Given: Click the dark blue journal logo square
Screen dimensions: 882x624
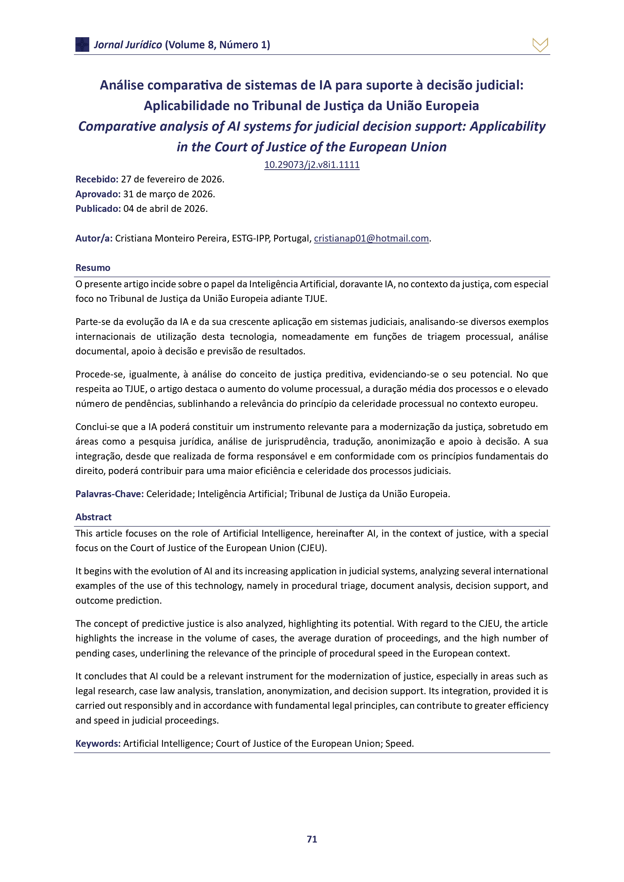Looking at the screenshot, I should pos(82,44).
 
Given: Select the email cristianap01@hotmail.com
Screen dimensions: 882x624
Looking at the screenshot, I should pos(371,238).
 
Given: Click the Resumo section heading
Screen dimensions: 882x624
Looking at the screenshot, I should pos(93,268).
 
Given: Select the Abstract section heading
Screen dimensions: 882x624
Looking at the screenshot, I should pos(93,517).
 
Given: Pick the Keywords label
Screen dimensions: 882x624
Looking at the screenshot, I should pos(98,743).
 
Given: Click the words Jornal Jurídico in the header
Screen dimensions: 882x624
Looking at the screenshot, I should pos(128,45).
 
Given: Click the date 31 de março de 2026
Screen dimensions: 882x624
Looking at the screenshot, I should pos(169,194).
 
